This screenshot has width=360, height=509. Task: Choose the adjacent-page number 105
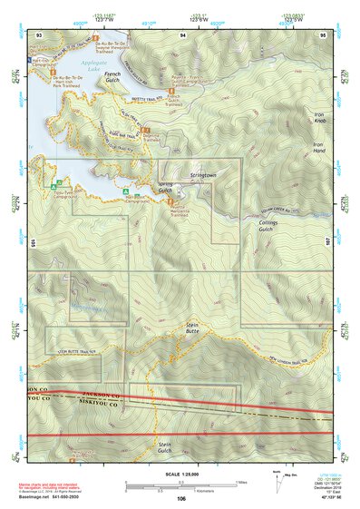(32, 244)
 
